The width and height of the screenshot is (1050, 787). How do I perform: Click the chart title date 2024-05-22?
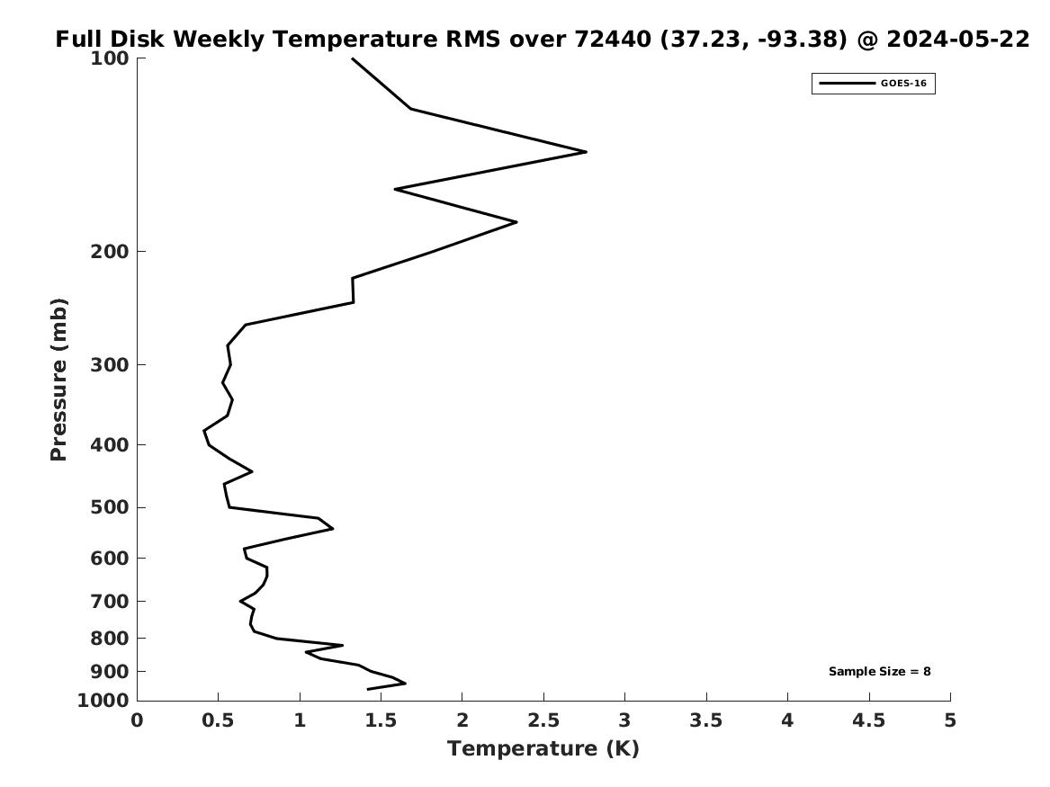(x=957, y=40)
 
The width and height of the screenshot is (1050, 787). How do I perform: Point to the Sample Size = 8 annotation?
(x=879, y=672)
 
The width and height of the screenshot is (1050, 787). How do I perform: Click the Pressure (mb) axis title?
(x=59, y=380)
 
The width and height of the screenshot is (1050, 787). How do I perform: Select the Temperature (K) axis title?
(x=543, y=749)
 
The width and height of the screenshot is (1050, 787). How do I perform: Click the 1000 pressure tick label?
(x=104, y=701)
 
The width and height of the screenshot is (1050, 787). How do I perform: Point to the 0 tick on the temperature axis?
(x=137, y=720)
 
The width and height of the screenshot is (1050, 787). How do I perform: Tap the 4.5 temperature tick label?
(x=868, y=720)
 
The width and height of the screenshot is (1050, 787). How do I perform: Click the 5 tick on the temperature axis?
(x=950, y=720)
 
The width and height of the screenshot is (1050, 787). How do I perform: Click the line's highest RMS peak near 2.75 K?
(x=586, y=152)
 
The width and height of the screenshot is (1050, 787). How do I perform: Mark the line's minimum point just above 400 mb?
(x=204, y=432)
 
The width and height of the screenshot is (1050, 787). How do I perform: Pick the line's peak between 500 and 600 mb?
(x=332, y=529)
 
